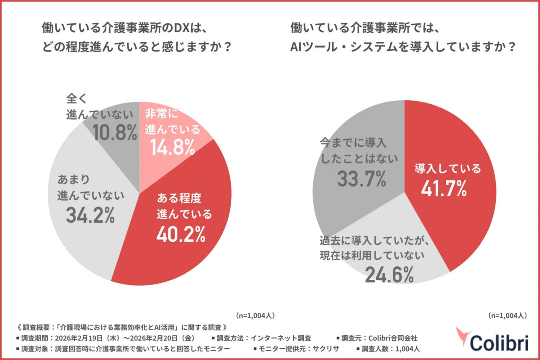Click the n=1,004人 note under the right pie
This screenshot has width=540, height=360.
507,315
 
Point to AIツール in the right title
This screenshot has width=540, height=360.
315,47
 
